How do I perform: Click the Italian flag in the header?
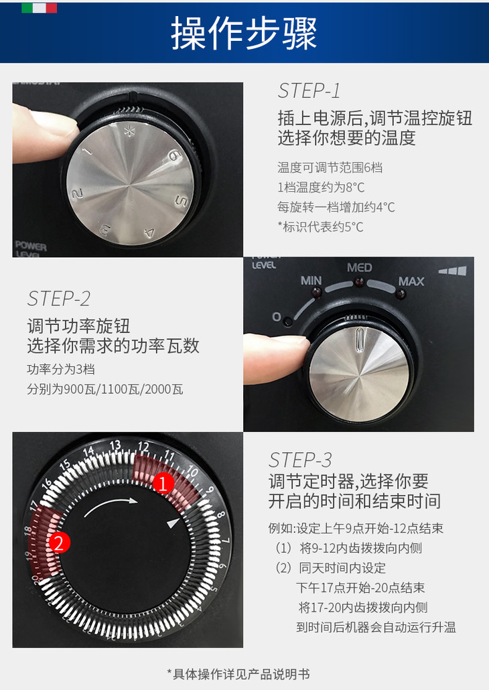(x=39, y=8)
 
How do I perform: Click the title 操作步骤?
(x=244, y=33)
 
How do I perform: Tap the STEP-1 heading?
(x=309, y=90)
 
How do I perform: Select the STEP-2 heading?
(x=58, y=299)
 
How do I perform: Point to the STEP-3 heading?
(x=299, y=460)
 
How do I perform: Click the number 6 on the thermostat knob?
(x=175, y=155)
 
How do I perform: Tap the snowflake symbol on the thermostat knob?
(x=129, y=131)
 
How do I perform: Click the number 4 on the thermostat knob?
(x=149, y=232)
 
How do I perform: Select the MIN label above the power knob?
(x=311, y=280)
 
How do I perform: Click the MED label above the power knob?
(x=360, y=267)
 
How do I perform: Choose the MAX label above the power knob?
(x=411, y=281)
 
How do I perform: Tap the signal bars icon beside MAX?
(x=452, y=271)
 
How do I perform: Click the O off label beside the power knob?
(x=277, y=316)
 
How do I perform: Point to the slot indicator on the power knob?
(x=360, y=340)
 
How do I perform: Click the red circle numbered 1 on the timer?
(x=163, y=484)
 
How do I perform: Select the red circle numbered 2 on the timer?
(x=60, y=543)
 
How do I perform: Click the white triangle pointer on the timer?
(x=173, y=523)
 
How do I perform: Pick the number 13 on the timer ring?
(x=115, y=445)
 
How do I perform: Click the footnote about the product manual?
(x=238, y=674)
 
